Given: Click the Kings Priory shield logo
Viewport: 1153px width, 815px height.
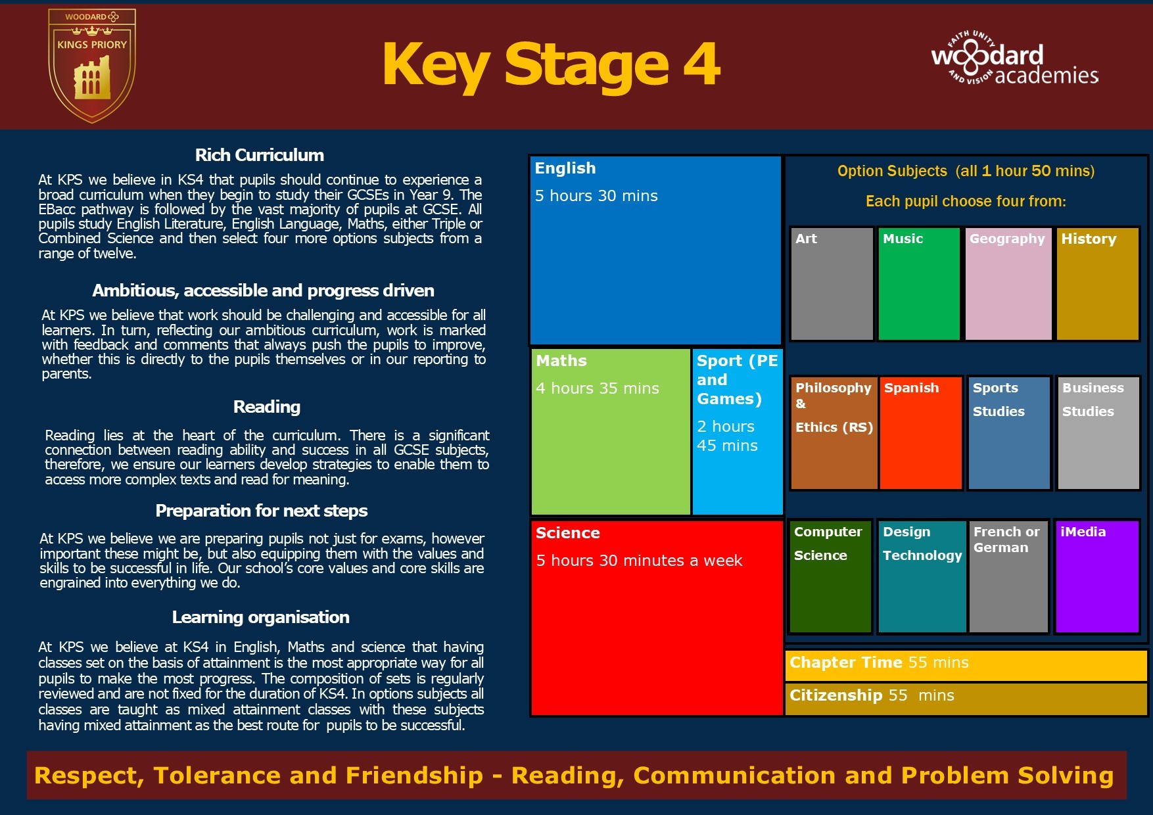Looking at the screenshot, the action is tap(92, 66).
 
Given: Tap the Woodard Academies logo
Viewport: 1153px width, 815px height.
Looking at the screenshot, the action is tap(1014, 58).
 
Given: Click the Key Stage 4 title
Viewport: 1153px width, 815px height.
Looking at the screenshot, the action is tap(551, 65).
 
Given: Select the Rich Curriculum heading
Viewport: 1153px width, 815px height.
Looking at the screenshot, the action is tap(260, 155).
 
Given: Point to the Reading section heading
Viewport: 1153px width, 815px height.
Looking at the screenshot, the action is tap(267, 407).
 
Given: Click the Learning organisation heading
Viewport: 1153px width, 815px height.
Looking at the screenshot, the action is tap(261, 617).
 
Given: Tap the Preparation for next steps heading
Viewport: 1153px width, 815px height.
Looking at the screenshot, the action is tap(262, 511).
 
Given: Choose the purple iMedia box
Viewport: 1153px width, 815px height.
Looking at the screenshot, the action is tap(1096, 576).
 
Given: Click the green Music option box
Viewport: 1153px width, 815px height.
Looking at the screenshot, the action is tap(919, 284).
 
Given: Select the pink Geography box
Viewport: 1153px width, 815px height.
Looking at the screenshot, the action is tap(1008, 284).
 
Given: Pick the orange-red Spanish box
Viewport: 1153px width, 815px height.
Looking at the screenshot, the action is tap(920, 433).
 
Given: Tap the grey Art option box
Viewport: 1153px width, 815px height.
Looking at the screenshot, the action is tap(832, 284).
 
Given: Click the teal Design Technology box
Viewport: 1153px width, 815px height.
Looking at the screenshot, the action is tap(922, 576).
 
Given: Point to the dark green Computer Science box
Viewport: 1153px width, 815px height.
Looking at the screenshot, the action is tap(830, 576).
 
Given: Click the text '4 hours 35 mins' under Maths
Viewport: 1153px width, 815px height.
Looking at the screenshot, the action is tap(598, 388).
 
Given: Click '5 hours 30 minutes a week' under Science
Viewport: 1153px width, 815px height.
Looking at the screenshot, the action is tap(639, 561).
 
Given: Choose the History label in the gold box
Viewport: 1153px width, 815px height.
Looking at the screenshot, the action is tap(1089, 239).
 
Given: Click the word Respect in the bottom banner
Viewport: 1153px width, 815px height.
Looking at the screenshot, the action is tap(89, 776).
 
